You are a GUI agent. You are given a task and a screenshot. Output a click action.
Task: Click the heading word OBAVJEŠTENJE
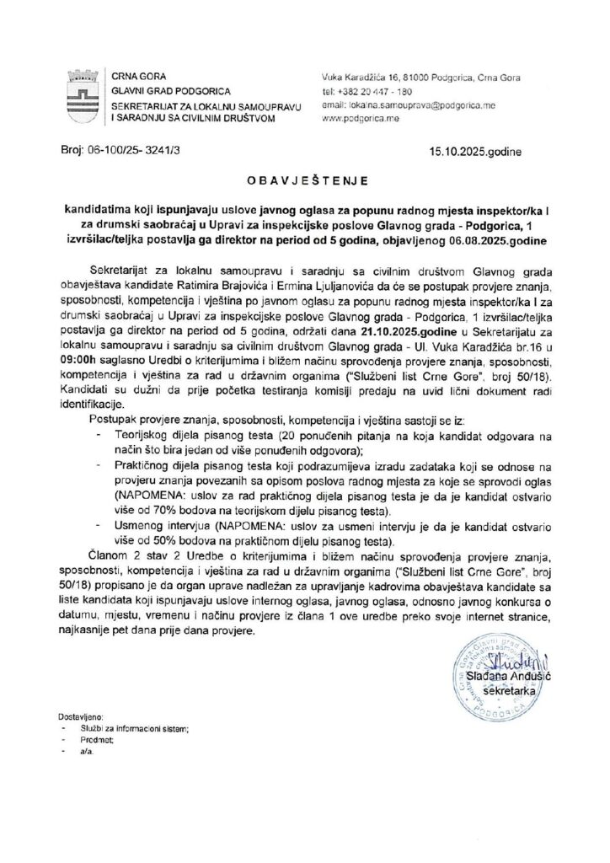pos(304,180)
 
